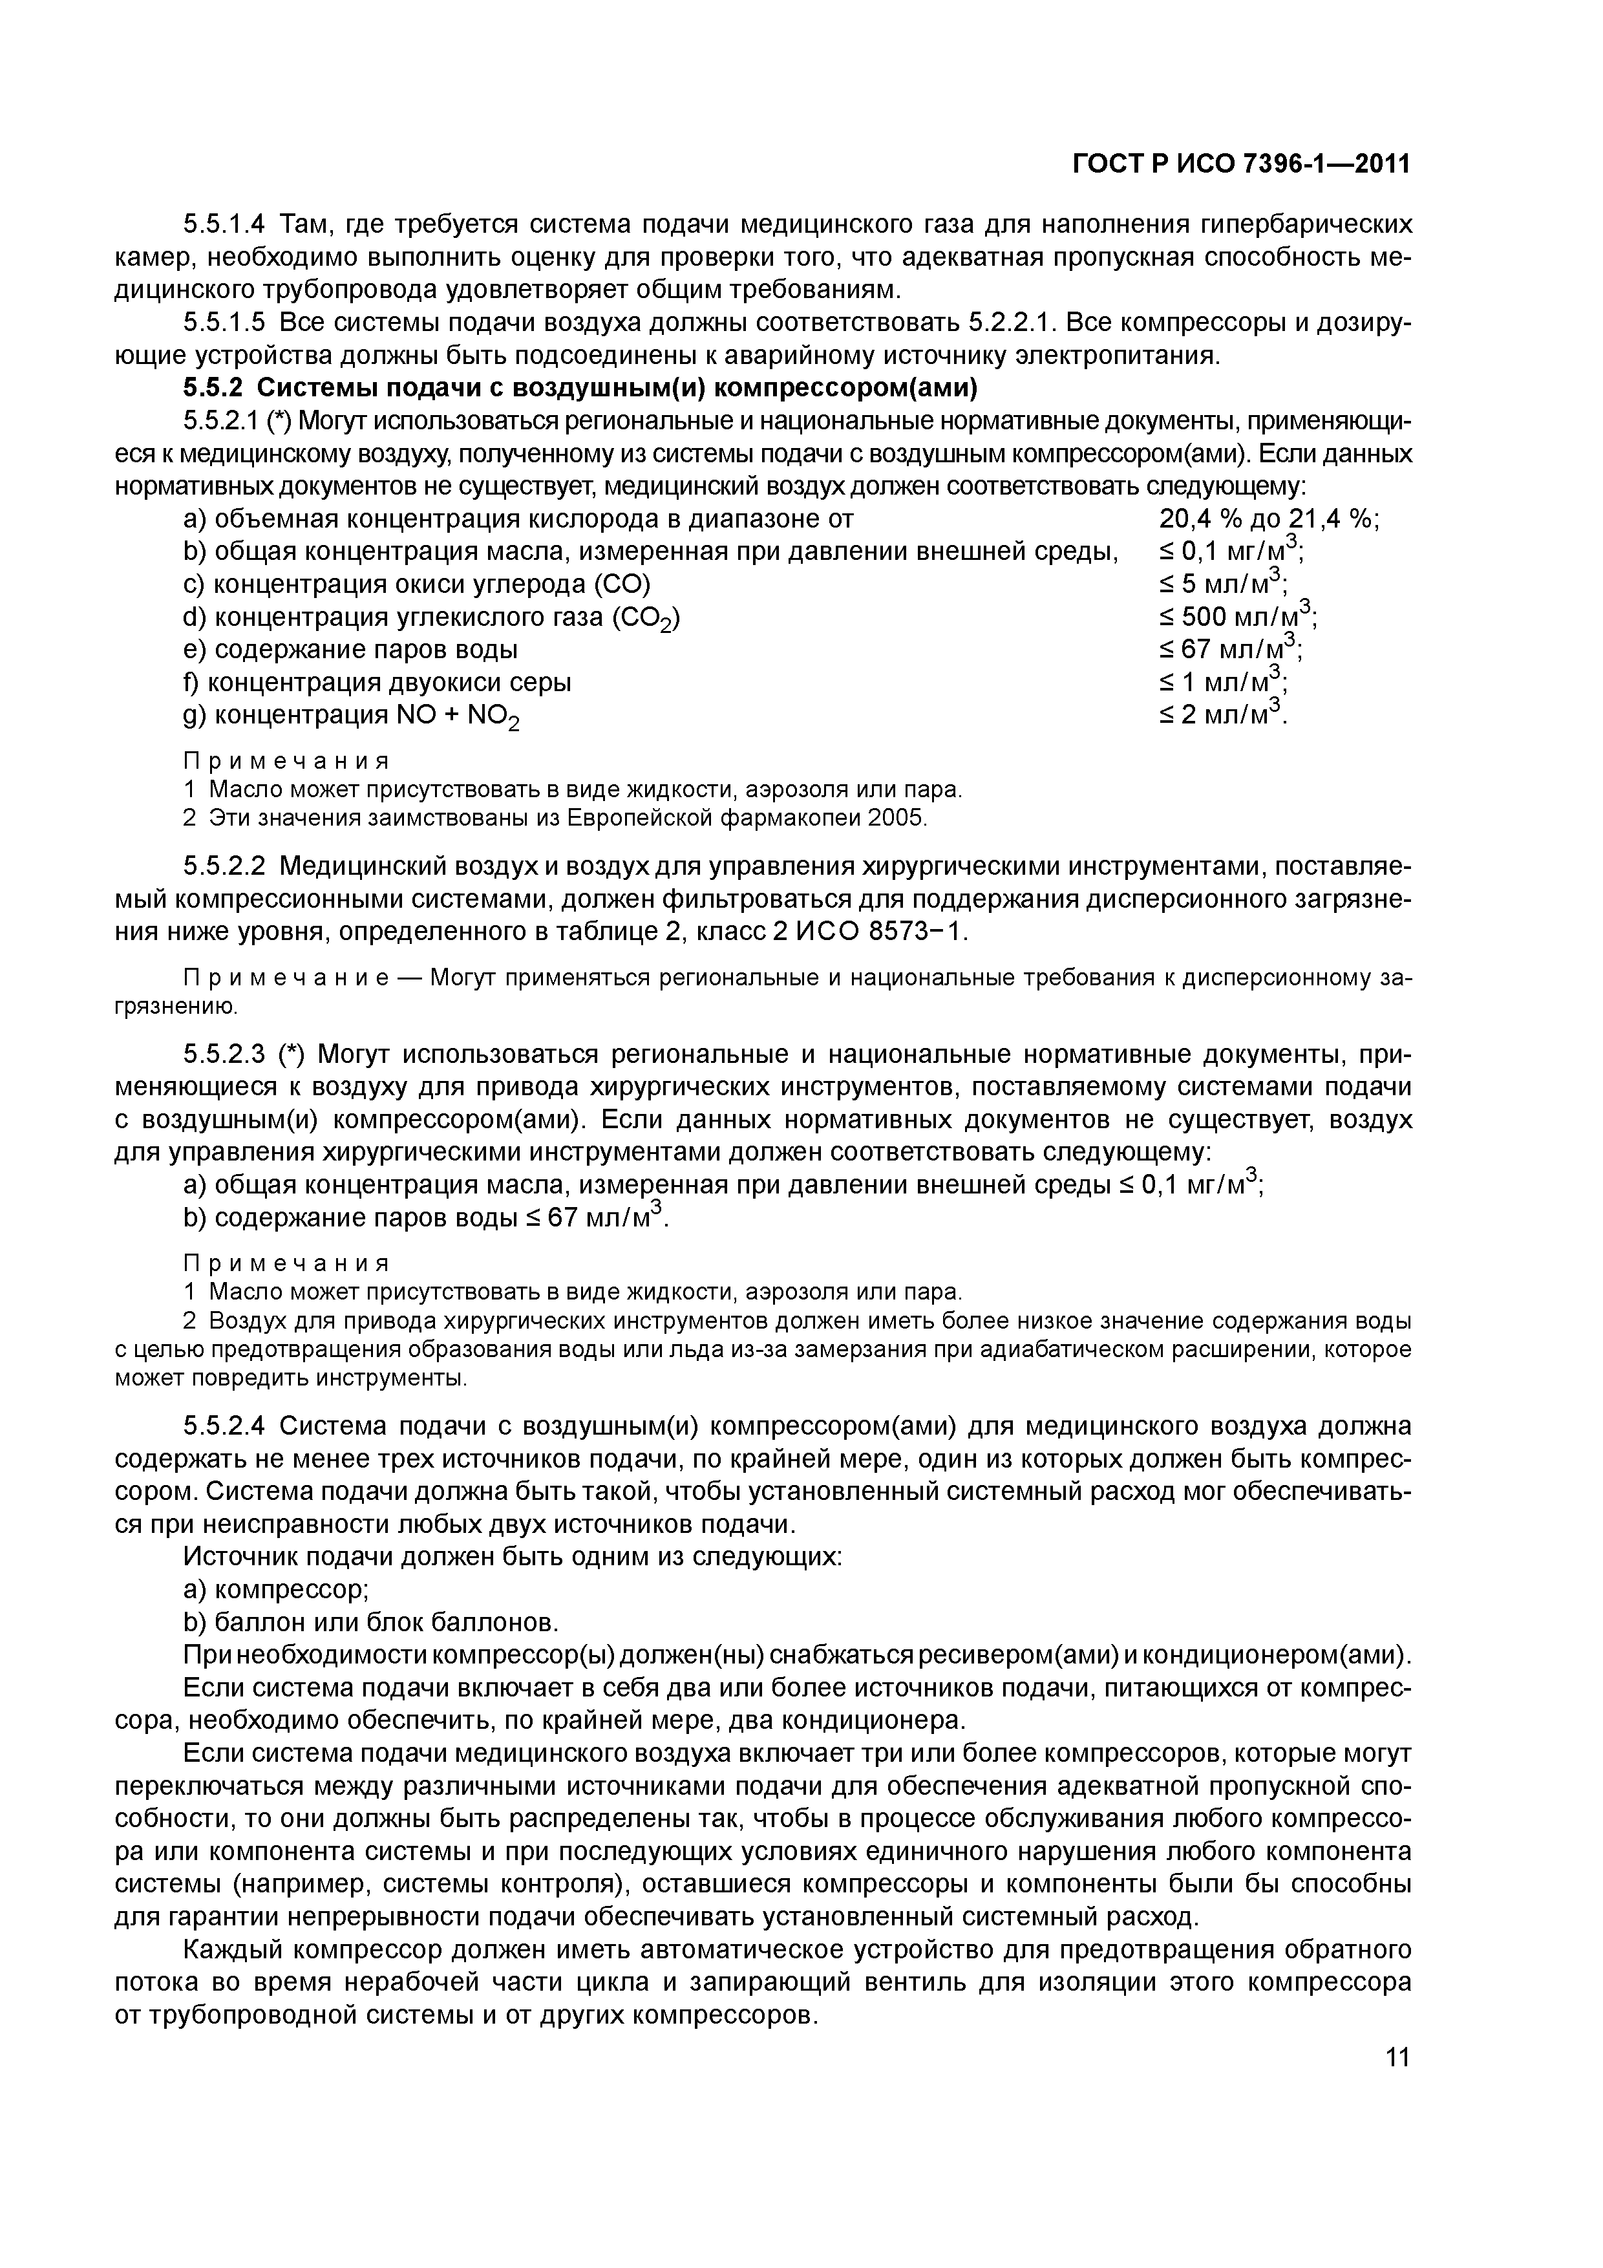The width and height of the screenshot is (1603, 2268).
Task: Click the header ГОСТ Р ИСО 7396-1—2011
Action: point(1240,164)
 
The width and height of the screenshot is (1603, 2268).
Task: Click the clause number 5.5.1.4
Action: point(226,225)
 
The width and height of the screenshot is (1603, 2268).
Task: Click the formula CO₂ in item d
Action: point(648,619)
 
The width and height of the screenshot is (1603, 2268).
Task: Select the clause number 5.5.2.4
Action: point(226,1426)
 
